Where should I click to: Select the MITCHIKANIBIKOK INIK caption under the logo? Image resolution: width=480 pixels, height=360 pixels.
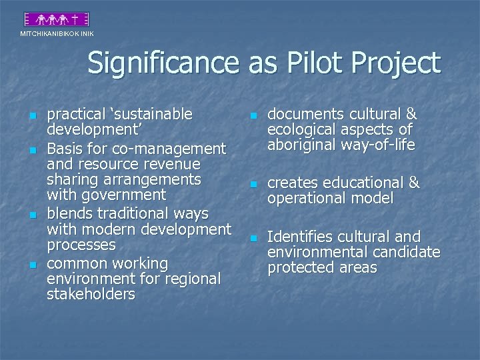57,33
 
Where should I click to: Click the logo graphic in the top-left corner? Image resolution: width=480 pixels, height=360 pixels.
57,20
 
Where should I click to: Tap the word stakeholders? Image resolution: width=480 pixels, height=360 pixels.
91,294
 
